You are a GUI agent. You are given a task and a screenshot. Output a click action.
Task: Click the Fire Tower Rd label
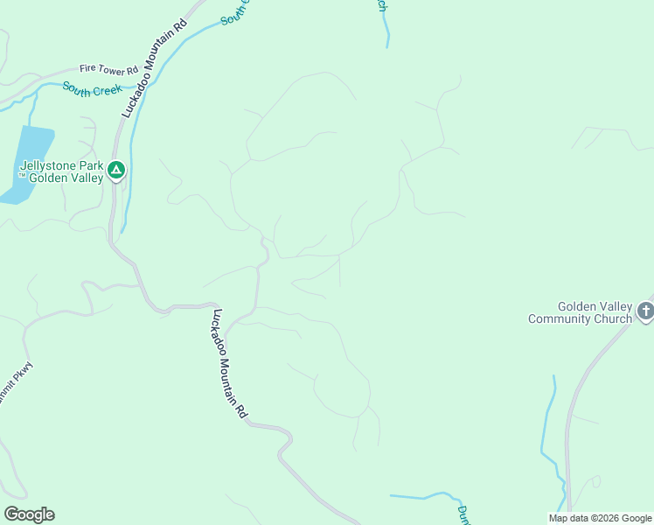click(108, 68)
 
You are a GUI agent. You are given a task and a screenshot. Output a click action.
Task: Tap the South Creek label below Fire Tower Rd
click(92, 89)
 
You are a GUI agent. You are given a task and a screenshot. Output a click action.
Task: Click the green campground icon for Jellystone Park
click(116, 171)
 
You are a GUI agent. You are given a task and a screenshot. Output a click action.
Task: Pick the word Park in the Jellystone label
click(91, 165)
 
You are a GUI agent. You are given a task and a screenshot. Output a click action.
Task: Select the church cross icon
click(644, 311)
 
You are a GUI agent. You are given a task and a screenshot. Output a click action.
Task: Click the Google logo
click(29, 514)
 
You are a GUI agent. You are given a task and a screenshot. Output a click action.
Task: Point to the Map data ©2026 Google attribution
click(599, 518)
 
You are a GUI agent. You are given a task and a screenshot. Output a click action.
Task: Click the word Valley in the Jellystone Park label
click(86, 178)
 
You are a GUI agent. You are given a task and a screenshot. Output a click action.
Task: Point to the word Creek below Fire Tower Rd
click(107, 90)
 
